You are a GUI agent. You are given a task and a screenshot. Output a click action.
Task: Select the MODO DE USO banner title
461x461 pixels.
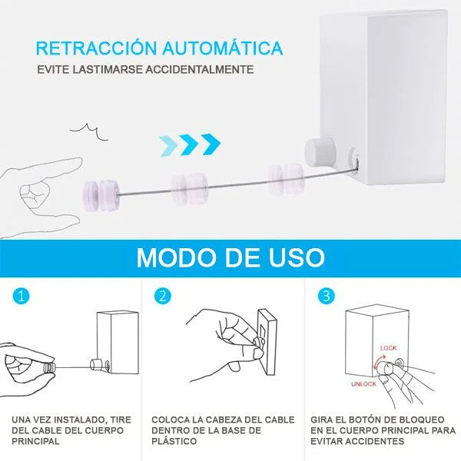pos(230,257)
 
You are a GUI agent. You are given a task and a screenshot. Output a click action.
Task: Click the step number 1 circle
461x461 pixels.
pos(21,296)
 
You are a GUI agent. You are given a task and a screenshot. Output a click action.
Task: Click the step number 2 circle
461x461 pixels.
pos(162,296)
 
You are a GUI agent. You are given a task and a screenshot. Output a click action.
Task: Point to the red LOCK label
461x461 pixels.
pos(389,347)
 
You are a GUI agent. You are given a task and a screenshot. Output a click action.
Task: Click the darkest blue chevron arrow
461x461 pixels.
pos(209,143)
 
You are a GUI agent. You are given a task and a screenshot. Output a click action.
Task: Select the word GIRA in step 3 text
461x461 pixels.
pos(323,420)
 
